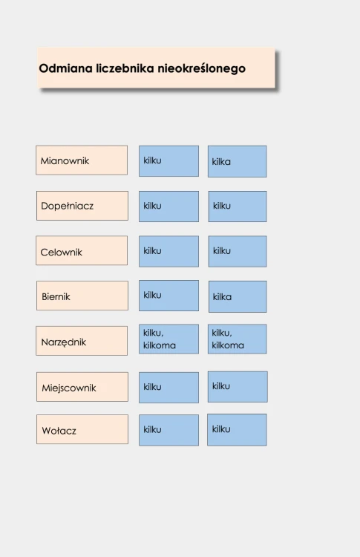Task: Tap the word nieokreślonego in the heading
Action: click(201, 68)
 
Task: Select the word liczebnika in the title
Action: click(125, 68)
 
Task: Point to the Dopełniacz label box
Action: click(82, 206)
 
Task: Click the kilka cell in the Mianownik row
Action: click(238, 161)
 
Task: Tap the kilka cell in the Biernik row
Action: click(238, 296)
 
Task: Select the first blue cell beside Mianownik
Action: click(168, 161)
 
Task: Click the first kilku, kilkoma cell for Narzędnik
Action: click(168, 339)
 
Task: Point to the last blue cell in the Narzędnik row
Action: click(238, 339)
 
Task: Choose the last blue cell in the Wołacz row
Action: click(237, 429)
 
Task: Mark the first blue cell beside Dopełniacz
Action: click(168, 206)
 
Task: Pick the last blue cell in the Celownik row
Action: click(238, 251)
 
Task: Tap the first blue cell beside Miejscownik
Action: click(168, 388)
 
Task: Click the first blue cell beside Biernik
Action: click(168, 296)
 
